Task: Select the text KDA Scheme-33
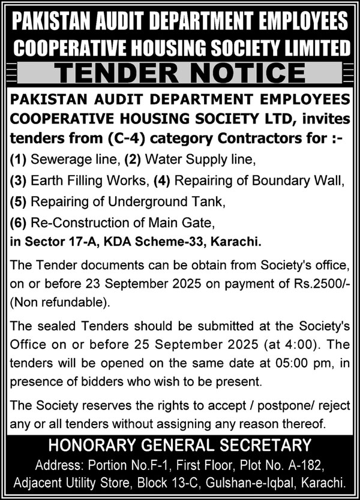tap(137, 243)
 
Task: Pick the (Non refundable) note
tap(50, 297)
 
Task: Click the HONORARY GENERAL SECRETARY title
tap(180, 445)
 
